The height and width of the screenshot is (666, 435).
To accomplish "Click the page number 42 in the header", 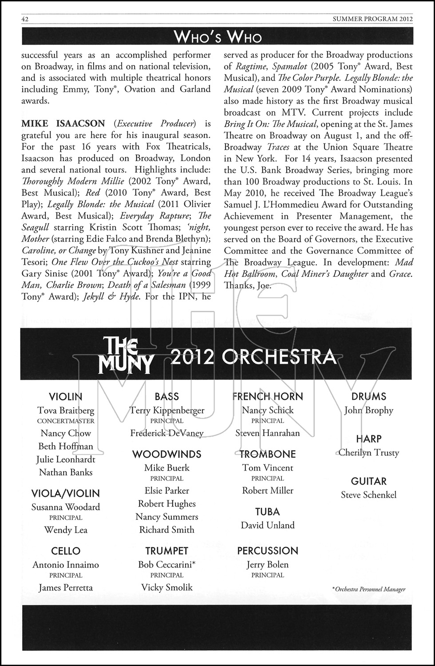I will point(25,19).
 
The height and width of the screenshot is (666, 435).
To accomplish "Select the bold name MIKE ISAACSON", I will point(63,123).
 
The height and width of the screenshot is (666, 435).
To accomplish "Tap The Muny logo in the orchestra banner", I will point(125,355).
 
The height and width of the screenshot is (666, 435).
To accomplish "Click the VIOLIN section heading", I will point(66,396).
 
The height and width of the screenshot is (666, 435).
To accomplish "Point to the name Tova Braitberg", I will point(66,410).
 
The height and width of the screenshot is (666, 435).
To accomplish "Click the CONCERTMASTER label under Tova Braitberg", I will point(66,421).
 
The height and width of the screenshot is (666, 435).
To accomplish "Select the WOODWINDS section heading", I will point(167,454).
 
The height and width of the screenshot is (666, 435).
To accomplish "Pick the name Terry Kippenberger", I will point(167,410).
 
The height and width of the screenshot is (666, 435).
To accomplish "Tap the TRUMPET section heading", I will point(167,551).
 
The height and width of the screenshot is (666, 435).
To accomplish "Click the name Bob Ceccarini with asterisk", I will point(167,565).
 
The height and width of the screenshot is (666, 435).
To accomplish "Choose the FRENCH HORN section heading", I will point(268,396).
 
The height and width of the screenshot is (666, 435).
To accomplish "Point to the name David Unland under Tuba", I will point(268,525).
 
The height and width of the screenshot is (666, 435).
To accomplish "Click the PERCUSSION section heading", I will point(268,551).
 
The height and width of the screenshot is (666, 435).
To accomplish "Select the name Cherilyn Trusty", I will point(369,452).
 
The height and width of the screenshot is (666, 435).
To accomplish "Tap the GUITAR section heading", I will point(369,481).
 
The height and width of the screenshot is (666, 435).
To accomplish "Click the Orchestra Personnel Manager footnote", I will point(369,589).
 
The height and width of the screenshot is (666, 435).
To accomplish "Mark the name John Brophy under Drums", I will point(369,410).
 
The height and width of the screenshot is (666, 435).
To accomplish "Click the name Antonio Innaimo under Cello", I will point(66,565).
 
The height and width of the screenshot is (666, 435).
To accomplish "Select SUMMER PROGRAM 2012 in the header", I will point(373,19).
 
